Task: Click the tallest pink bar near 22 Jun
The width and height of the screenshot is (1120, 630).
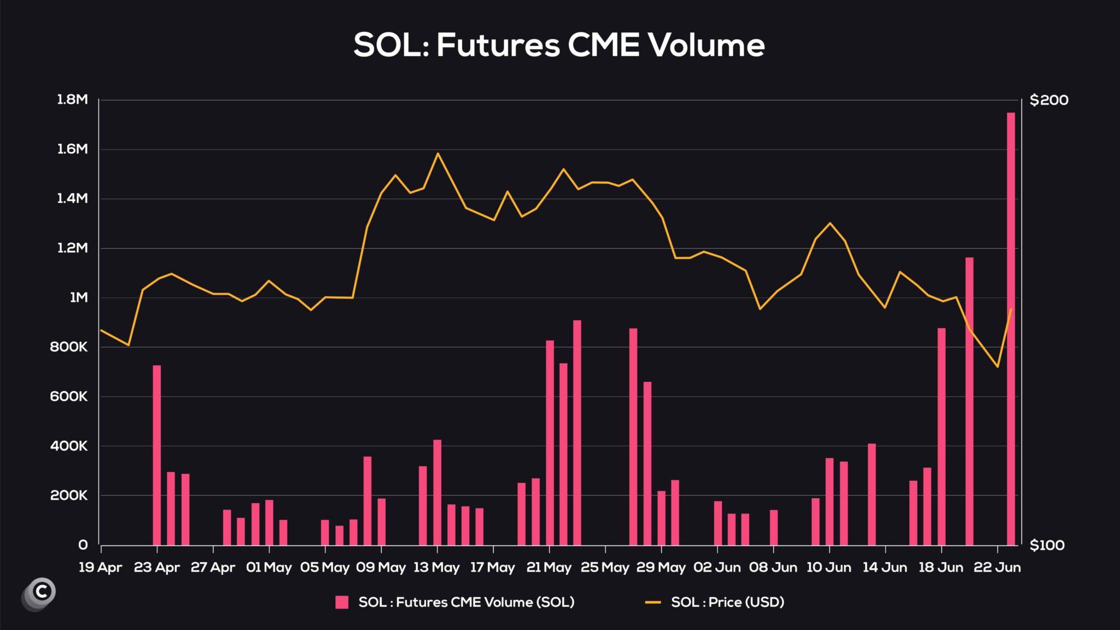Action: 1011,328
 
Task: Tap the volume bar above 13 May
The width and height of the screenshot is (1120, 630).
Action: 437,492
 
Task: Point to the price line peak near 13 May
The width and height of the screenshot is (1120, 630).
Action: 437,154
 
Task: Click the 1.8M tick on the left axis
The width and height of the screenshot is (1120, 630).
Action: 72,100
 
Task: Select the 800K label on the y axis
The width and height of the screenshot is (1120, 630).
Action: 69,347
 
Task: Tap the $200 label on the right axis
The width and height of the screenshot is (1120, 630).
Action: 1048,100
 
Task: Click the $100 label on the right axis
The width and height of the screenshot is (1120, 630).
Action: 1047,545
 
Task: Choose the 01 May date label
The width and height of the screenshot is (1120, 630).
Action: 269,567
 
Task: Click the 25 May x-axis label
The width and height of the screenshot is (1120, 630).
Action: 605,567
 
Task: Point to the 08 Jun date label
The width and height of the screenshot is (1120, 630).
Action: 773,567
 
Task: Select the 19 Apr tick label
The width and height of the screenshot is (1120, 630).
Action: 100,567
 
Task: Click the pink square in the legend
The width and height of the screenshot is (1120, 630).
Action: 342,602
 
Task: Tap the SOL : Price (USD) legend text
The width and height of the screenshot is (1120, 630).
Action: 727,602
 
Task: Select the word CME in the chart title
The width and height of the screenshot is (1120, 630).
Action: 603,45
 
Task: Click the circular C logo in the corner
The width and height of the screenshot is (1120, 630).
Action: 41,591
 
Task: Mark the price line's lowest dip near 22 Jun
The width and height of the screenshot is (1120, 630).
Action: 997,366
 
